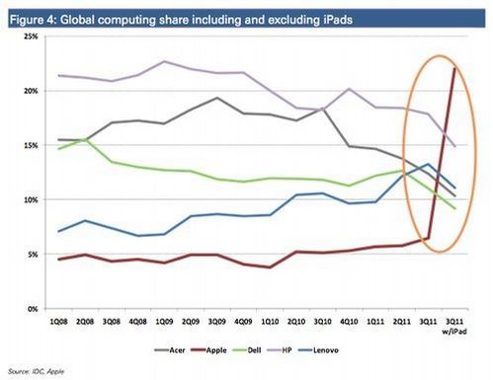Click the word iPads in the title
point(336,20)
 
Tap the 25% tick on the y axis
point(31,37)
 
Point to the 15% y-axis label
point(31,145)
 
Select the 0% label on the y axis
point(33,309)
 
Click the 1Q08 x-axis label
point(58,322)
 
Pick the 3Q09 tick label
point(216,322)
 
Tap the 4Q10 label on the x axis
point(349,322)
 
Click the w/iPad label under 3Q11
point(454,332)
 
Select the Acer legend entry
point(170,350)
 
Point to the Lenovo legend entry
point(318,350)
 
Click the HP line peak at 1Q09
point(164,61)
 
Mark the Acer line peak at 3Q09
point(216,98)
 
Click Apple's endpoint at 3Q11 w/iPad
point(454,68)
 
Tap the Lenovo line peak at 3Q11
point(428,164)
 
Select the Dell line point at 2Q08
point(86,139)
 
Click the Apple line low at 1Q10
point(270,267)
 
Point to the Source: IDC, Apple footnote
point(36,372)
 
